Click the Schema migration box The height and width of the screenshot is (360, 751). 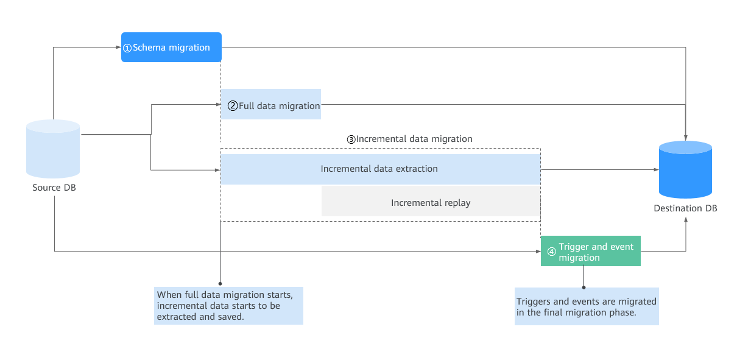point(171,48)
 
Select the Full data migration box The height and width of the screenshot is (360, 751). point(271,104)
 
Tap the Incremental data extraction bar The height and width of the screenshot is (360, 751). point(381,169)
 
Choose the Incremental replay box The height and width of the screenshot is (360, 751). point(431,201)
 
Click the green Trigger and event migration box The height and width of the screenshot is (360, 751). point(591,251)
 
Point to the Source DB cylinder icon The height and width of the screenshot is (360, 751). point(53,149)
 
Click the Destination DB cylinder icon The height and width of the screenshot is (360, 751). point(685,169)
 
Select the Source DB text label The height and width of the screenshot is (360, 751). point(54,188)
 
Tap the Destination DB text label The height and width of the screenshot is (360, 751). point(685,208)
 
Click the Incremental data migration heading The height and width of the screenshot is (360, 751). point(410,139)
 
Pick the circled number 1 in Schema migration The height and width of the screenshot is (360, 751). point(127,48)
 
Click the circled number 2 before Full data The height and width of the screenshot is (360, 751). point(233,106)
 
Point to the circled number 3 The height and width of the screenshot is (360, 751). point(351,139)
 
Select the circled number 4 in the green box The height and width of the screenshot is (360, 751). point(551,252)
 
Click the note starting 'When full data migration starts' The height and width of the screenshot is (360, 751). point(228,306)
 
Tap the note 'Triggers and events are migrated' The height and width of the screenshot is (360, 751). point(587,306)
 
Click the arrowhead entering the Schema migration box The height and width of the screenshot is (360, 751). point(118,48)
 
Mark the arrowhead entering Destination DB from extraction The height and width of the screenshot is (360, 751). point(656,169)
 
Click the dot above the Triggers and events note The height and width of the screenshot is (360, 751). point(584,288)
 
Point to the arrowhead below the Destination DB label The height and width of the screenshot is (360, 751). point(686,220)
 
